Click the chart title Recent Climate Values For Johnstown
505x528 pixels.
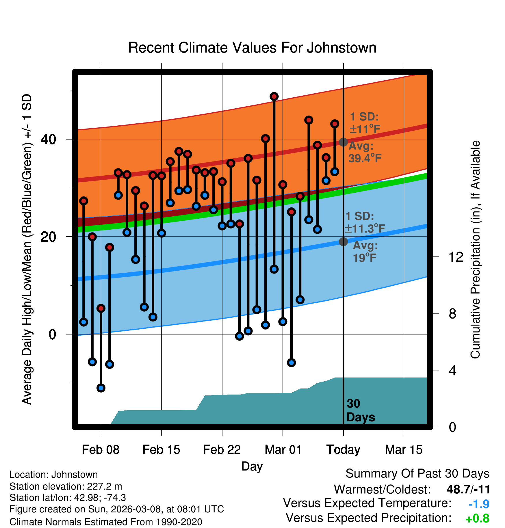click(252, 48)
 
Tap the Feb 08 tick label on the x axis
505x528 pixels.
click(101, 450)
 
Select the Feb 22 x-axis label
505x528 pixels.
click(222, 450)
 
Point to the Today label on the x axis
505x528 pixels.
click(343, 450)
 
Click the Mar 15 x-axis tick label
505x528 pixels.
click(404, 450)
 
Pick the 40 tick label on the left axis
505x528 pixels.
click(48, 139)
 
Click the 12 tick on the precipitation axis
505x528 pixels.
click(456, 257)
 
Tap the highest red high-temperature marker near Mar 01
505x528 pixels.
click(274, 96)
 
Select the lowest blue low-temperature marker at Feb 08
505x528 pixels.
click(101, 388)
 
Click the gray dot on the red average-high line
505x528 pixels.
click(343, 142)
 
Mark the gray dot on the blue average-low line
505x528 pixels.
click(343, 241)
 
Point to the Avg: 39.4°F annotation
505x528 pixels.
click(365, 152)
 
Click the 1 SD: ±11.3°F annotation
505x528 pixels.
click(365, 222)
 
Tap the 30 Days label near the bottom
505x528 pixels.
click(360, 410)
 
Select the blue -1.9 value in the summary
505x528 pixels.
click(479, 504)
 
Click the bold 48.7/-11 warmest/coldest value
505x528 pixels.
click(468, 489)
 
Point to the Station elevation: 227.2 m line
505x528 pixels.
click(66, 486)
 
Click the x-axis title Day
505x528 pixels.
click(252, 466)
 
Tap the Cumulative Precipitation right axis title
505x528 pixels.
click(475, 250)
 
